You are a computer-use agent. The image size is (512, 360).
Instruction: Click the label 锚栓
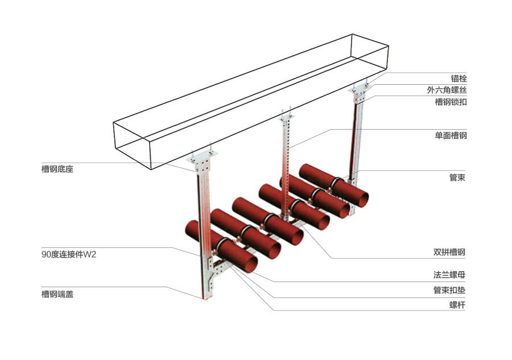[459, 78]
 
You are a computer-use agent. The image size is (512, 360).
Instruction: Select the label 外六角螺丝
[447, 90]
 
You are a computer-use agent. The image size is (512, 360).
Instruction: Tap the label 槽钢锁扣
[451, 102]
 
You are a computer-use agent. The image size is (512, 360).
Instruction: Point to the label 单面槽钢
[451, 136]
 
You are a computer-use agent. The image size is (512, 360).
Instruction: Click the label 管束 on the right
[458, 177]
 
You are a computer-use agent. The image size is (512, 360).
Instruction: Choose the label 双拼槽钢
[451, 252]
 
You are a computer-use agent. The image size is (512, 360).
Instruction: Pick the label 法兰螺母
[451, 275]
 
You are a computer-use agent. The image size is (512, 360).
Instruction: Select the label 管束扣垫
[451, 290]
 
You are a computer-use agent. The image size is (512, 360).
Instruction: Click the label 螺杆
[458, 304]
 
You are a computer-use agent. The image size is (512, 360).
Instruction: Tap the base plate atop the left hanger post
[201, 163]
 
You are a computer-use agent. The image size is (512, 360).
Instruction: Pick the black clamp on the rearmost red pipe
[336, 183]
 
